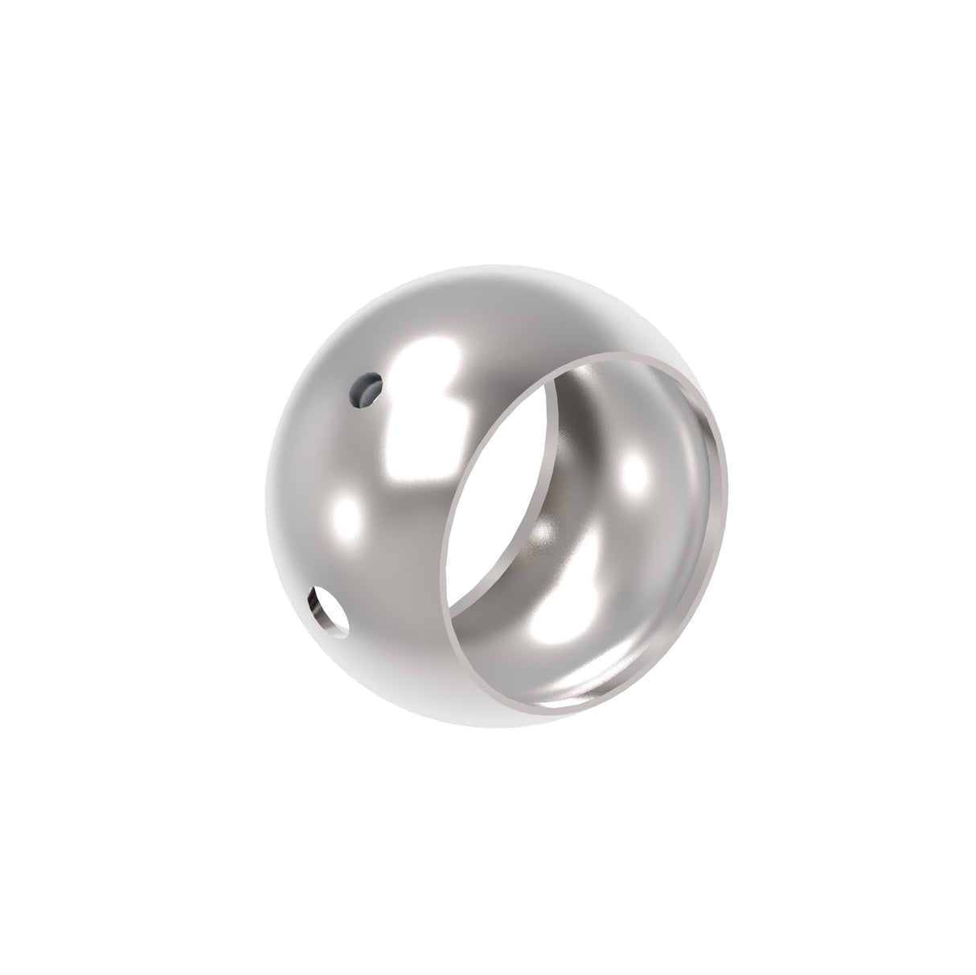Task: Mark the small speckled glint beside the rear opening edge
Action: pos(546,530)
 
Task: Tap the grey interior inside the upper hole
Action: pos(364,392)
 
